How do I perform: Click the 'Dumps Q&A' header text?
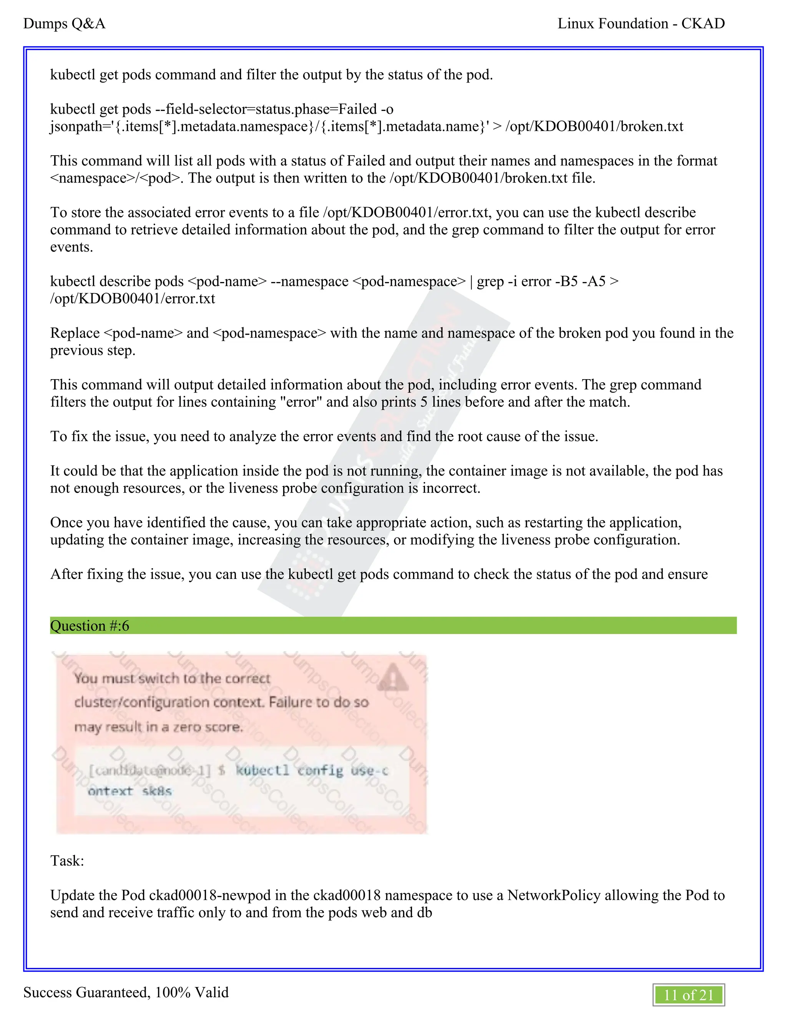(x=64, y=23)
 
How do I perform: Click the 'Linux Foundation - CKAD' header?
(x=641, y=23)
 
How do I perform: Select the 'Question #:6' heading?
(x=90, y=625)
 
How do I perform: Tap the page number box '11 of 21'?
(x=688, y=995)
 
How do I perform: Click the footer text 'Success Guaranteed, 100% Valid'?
(x=126, y=992)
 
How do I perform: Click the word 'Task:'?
(x=67, y=860)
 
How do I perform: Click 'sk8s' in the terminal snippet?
(x=157, y=791)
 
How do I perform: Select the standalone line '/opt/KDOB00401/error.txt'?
(x=133, y=298)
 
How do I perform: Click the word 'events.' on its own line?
(x=71, y=247)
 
